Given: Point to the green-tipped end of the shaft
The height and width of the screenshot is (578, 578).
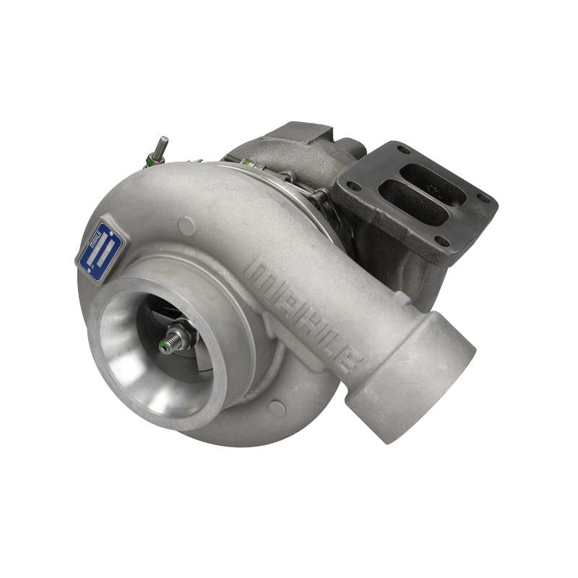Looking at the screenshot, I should [165, 348].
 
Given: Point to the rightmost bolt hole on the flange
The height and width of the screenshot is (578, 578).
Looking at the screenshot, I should [483, 198].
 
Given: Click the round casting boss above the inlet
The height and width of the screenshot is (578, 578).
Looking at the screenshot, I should [186, 226].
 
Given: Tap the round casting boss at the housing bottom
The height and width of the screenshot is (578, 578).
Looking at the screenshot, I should [277, 408].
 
